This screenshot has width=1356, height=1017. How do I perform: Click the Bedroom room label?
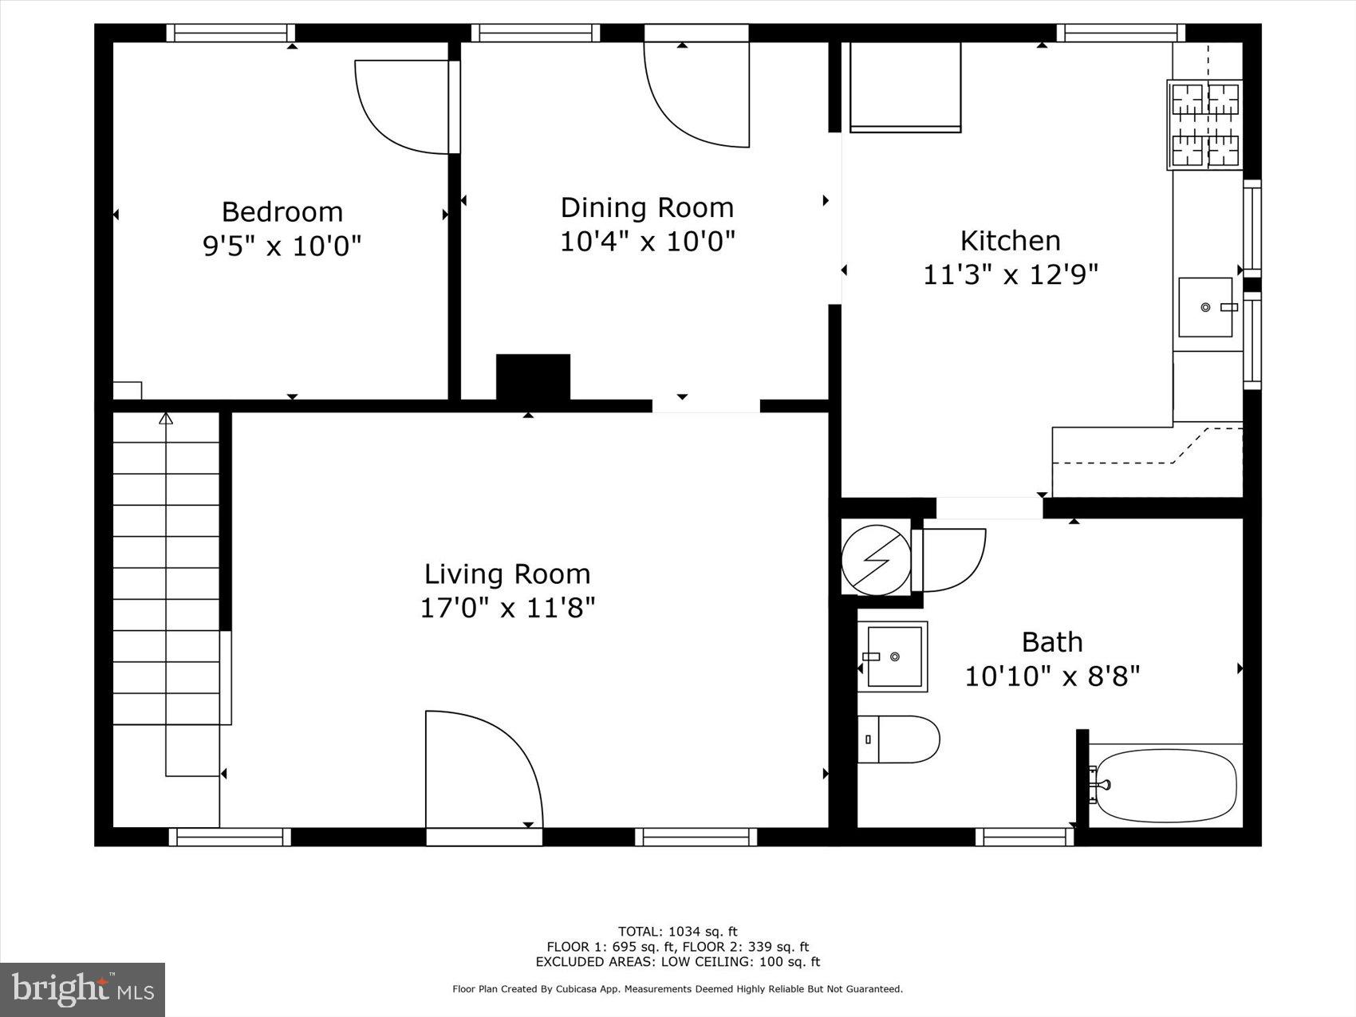click(x=282, y=211)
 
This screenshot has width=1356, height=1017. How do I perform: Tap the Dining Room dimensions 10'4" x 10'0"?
click(x=647, y=241)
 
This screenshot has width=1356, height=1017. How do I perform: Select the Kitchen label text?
click(x=1010, y=240)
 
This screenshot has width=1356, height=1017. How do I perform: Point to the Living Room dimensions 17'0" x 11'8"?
click(x=507, y=609)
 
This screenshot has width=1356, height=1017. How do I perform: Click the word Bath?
click(x=1051, y=642)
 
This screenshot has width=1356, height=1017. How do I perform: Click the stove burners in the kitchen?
click(x=1204, y=124)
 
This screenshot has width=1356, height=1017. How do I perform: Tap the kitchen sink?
click(x=1205, y=307)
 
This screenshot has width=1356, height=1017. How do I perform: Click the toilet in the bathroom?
click(x=901, y=739)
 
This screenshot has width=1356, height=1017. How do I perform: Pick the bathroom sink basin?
click(x=895, y=656)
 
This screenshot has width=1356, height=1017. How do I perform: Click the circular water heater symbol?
click(x=876, y=560)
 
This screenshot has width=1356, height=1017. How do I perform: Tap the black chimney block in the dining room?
click(x=533, y=377)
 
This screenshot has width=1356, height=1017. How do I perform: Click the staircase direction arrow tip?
click(x=166, y=418)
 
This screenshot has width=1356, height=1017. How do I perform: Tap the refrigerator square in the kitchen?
click(x=905, y=86)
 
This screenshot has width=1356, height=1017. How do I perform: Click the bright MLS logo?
click(x=83, y=990)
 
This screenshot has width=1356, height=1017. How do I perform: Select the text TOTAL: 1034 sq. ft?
click(x=677, y=931)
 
